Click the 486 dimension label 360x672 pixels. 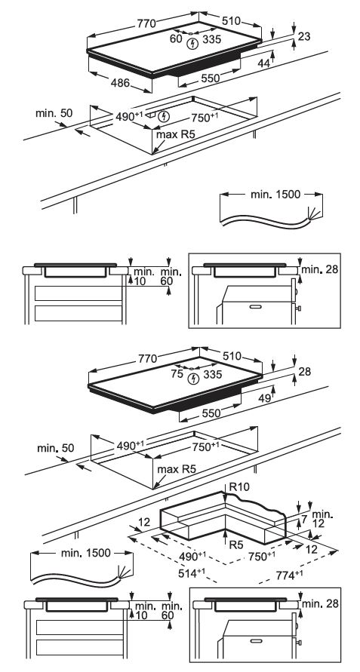tap(120, 83)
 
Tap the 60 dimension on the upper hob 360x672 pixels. tap(176, 38)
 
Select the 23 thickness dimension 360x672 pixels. tap(304, 37)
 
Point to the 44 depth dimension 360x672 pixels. tap(264, 63)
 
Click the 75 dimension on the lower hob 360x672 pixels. tap(177, 374)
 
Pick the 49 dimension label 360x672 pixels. tap(265, 398)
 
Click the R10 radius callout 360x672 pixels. tap(239, 486)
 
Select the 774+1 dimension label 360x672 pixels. tap(288, 575)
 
